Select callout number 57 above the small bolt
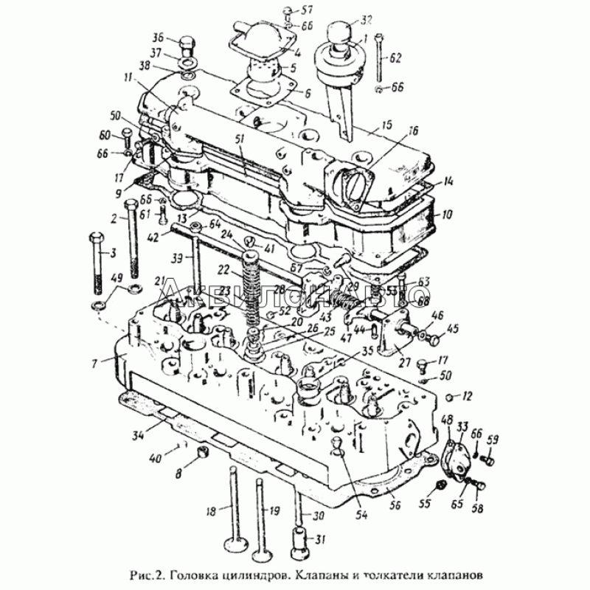point(308,10)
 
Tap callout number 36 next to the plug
point(157,38)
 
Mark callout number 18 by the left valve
point(210,510)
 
